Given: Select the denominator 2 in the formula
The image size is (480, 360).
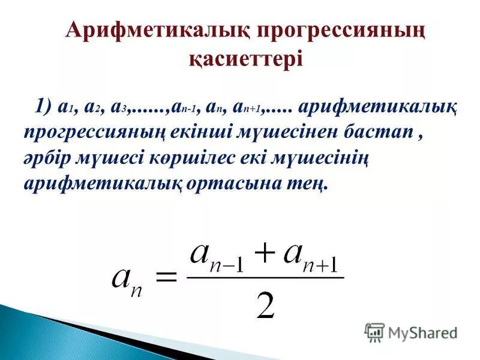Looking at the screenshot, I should (265, 306).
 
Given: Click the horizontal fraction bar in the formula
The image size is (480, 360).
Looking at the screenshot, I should (265, 277).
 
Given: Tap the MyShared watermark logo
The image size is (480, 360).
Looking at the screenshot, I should (411, 331).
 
